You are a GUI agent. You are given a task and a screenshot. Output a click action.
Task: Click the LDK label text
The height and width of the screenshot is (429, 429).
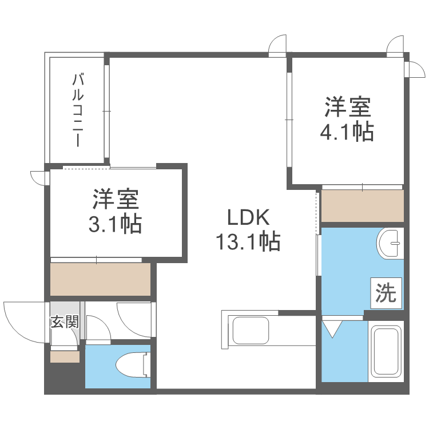pos(248,217)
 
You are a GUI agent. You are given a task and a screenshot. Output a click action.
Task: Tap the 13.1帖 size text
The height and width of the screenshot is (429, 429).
pos(248,241)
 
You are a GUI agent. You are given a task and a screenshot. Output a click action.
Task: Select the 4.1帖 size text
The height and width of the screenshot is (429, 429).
pos(347,132)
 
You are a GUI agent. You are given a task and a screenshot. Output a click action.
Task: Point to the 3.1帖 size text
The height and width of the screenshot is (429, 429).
pos(115,224)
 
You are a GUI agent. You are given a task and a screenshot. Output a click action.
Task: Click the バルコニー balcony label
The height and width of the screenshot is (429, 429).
pos(78,110)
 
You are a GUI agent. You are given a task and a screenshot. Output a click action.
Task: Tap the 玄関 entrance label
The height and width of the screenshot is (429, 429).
pos(65,321)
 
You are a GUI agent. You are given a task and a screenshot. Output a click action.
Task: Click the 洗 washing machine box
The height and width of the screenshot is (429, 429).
pos(386,293)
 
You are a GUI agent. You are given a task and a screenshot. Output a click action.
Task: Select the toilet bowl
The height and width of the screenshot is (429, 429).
pos(133,365)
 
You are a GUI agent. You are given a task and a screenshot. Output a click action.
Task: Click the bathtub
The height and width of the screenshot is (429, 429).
pos(386,351)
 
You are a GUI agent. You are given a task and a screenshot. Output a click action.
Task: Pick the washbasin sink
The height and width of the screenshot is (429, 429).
pos(390,243)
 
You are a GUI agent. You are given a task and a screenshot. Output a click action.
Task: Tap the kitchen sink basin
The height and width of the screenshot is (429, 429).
pos(250,330)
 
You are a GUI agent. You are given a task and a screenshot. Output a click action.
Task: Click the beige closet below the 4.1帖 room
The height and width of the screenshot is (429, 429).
pos(363,206)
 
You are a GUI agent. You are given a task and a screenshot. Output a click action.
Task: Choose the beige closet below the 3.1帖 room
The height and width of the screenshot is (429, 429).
pos(101,279)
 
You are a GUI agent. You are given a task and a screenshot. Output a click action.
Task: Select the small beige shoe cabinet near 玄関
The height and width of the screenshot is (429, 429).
pos(65,357)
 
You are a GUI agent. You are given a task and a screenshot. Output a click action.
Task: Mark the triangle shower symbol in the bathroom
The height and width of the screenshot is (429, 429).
pos(332,329)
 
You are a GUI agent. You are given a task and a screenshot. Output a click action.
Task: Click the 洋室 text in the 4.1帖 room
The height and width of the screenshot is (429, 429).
pos(348,107)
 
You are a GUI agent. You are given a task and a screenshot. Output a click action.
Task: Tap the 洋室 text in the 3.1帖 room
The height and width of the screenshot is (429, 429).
pos(116,199)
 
